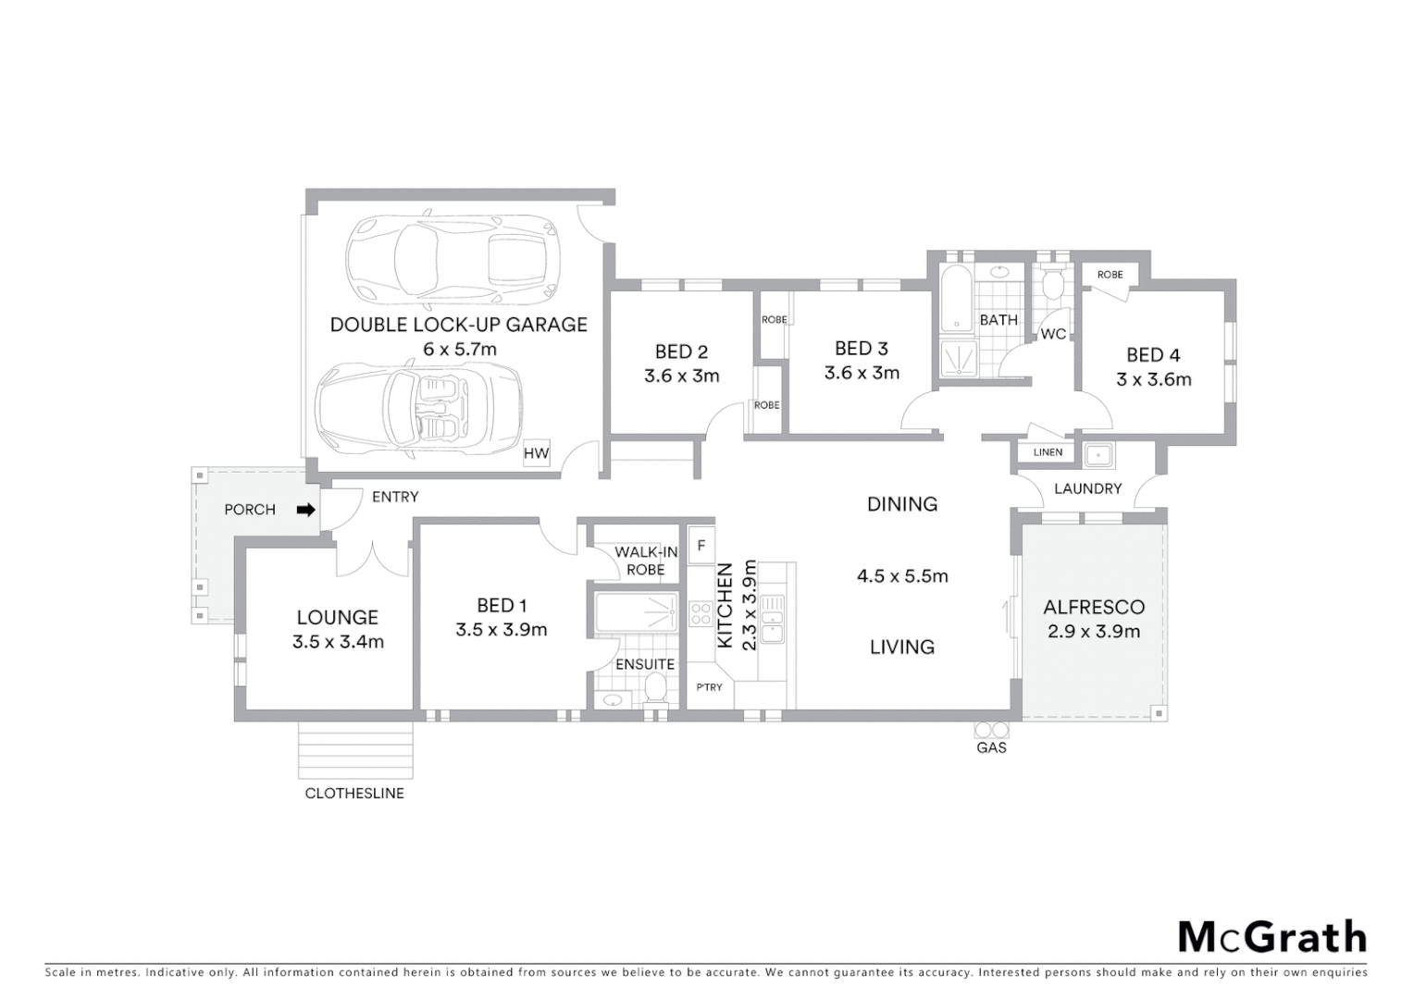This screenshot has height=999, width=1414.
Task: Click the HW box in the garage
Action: (x=536, y=453)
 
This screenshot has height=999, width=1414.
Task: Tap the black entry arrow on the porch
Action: (x=305, y=510)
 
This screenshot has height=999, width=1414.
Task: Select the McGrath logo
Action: (x=1271, y=937)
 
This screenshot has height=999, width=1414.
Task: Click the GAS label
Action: (x=991, y=747)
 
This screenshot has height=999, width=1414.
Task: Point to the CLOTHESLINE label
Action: (x=354, y=794)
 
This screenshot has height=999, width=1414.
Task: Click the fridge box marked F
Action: (x=701, y=546)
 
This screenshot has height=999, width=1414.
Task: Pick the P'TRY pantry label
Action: (x=710, y=687)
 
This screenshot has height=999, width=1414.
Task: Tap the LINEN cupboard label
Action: (x=1048, y=452)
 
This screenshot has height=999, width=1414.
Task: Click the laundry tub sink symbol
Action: (x=1099, y=454)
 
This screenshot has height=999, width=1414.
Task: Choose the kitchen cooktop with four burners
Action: (x=701, y=614)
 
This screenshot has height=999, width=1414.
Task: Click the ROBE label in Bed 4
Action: (x=1110, y=275)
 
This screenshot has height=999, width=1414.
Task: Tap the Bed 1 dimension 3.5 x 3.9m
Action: (x=501, y=630)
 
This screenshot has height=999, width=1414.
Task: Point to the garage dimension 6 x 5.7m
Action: (x=459, y=350)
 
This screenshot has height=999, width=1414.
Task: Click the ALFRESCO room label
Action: (x=1094, y=607)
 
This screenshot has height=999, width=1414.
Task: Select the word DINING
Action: (x=901, y=504)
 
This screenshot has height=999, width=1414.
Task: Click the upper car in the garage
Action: (x=453, y=259)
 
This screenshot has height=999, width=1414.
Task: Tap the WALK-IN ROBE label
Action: (x=646, y=561)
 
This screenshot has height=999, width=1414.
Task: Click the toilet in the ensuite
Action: (x=655, y=688)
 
